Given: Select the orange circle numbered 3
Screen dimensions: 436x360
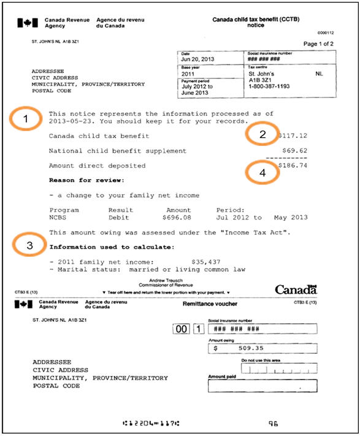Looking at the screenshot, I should [x=27, y=246].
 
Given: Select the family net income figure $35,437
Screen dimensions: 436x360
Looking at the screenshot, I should [x=205, y=262].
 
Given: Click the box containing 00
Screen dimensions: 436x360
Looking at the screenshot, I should [x=182, y=329].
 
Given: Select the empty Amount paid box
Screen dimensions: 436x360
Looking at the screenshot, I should [x=262, y=386].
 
